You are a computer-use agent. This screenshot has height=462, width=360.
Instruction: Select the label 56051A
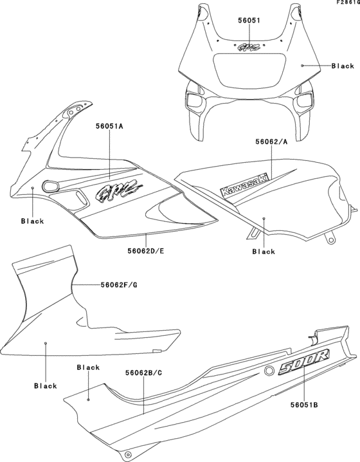pos(110,127)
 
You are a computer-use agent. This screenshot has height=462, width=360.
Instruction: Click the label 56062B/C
pos(143,373)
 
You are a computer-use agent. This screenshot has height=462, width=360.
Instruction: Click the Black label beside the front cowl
pos(343,66)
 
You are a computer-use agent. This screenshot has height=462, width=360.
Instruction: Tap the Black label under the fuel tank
pos(264,252)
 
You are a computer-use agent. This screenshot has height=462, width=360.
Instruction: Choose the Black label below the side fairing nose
pos(32,221)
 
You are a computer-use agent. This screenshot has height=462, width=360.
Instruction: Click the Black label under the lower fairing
pos(45,386)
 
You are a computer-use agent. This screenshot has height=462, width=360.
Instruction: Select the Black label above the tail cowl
pos(88,367)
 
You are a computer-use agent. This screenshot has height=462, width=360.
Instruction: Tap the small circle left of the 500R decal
pos(267,371)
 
